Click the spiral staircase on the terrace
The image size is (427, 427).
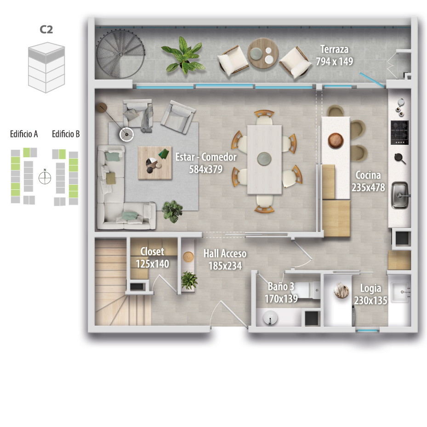(x=120, y=54)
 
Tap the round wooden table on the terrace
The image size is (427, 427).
(x=263, y=53)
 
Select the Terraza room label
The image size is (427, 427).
(x=335, y=49)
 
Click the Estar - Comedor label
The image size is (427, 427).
(x=206, y=157)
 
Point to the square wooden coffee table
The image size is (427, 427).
(x=155, y=163)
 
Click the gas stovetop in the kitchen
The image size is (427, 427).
(x=399, y=133)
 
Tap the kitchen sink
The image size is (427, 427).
(x=400, y=195)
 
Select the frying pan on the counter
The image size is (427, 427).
(x=400, y=159)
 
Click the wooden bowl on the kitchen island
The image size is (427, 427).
(x=336, y=141)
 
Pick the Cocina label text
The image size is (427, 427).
(x=368, y=175)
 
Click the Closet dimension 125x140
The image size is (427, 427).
(x=152, y=264)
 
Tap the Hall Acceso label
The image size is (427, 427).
(x=225, y=254)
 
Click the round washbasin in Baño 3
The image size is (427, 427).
(x=270, y=318)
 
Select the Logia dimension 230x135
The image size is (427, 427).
(x=370, y=300)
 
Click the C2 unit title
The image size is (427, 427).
(x=46, y=29)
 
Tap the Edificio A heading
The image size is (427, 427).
(x=24, y=134)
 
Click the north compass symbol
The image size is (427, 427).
(x=45, y=178)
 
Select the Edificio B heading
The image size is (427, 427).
(x=66, y=134)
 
